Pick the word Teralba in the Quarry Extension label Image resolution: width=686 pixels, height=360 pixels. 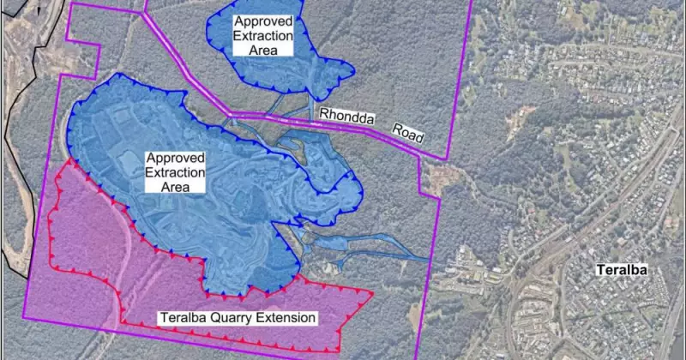[x=183, y=318]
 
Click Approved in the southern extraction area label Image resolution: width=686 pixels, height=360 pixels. [x=174, y=158]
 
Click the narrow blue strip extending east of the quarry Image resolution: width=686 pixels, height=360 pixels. [x=377, y=249]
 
